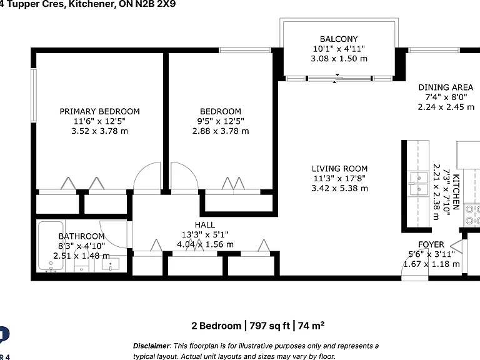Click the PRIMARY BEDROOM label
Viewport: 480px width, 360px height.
pyautogui.click(x=99, y=111)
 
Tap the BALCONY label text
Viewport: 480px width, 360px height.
pyautogui.click(x=339, y=39)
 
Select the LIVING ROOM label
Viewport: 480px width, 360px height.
pyautogui.click(x=339, y=169)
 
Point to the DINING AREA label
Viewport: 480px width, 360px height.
pyautogui.click(x=446, y=87)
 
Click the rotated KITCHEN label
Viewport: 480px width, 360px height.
pyautogui.click(x=456, y=192)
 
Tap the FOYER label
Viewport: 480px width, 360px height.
pyautogui.click(x=431, y=244)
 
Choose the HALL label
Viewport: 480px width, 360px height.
pyautogui.click(x=205, y=225)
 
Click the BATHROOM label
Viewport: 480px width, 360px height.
pyautogui.click(x=81, y=236)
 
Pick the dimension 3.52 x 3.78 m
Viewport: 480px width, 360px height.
pyautogui.click(x=100, y=131)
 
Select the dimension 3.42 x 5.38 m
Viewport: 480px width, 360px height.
pyautogui.click(x=339, y=188)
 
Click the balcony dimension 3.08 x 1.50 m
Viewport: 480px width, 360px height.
pyautogui.click(x=339, y=59)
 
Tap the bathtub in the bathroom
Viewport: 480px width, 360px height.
pyautogui.click(x=51, y=246)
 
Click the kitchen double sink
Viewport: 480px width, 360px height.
pyautogui.click(x=418, y=183)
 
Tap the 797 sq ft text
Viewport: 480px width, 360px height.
pyautogui.click(x=269, y=326)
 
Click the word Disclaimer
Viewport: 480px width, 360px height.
pyautogui.click(x=151, y=346)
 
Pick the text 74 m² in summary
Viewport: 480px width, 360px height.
pyautogui.click(x=311, y=325)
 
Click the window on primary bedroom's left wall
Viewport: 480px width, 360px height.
pyautogui.click(x=34, y=96)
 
